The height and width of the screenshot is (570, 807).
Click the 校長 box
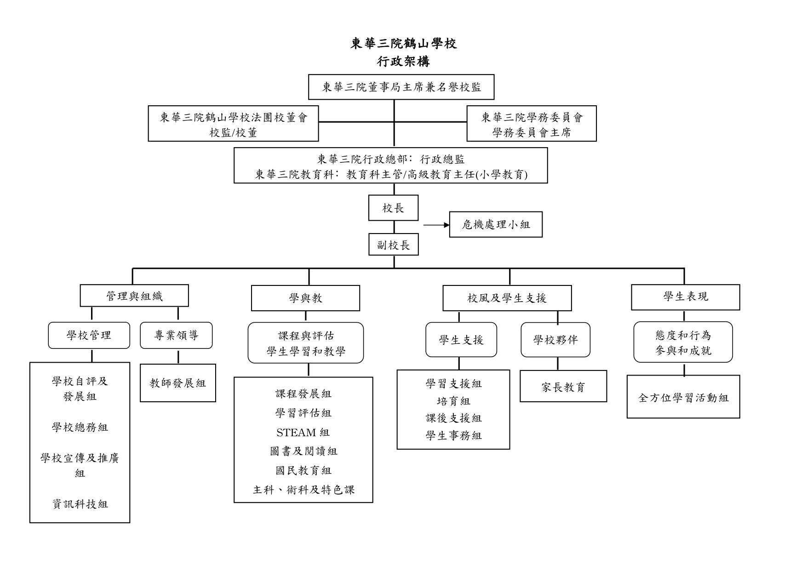coord(393,208)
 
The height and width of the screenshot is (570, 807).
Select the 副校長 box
coord(393,245)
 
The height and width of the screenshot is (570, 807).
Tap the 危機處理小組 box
coord(496,224)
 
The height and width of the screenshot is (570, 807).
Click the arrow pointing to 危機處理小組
coord(436,225)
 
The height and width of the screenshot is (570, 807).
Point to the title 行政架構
coord(403,61)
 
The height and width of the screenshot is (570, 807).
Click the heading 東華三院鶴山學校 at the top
coord(403,44)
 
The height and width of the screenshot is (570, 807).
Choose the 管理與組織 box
coord(134,296)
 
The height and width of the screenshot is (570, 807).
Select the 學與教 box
coord(305,298)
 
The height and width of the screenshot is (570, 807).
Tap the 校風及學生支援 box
coord(507,298)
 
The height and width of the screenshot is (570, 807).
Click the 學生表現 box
coord(685,297)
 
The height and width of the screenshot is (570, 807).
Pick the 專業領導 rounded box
coord(176,336)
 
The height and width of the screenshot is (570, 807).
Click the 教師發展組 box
coord(178,383)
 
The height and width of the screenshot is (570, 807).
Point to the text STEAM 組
coord(303,433)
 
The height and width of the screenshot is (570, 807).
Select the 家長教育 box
coord(563,386)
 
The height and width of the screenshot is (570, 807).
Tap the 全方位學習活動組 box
coord(683,397)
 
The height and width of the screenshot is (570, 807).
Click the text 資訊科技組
coord(80,504)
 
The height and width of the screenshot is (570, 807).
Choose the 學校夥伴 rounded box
coord(555,340)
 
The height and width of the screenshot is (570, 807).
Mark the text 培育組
coord(453,401)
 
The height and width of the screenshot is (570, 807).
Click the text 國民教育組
coord(303,471)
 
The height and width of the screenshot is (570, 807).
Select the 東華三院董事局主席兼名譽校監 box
coord(401,87)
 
